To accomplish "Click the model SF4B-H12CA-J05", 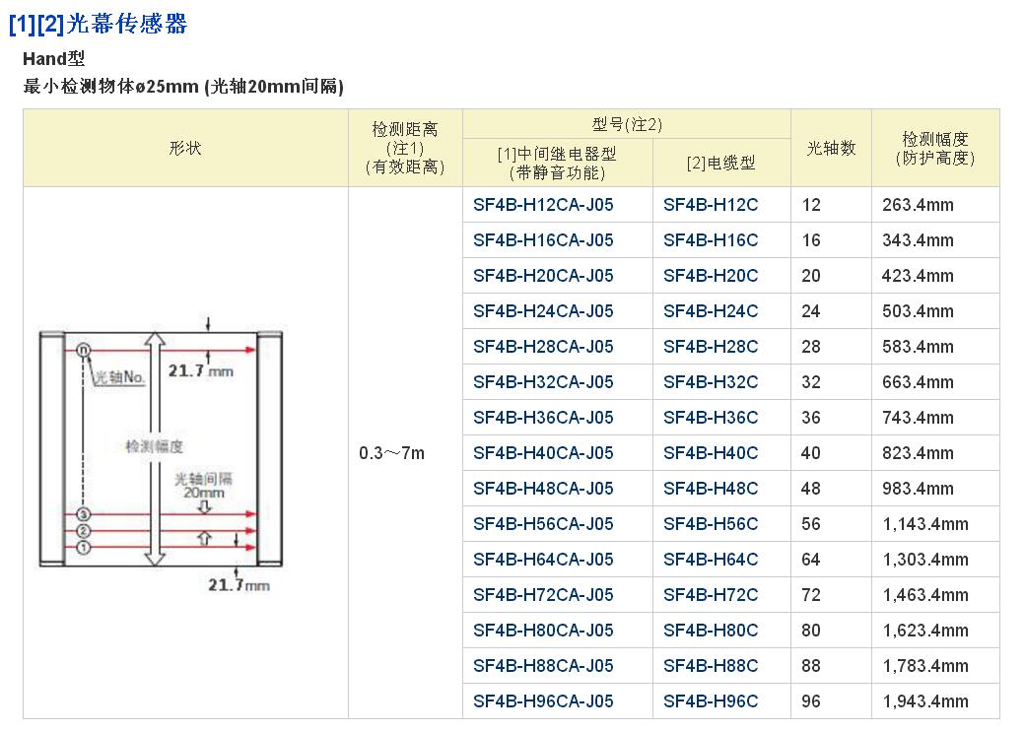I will [543, 205].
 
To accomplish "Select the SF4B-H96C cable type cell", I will [711, 701].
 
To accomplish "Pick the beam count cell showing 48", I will [811, 489].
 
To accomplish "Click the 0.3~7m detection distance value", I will [392, 453].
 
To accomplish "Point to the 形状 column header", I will [185, 148].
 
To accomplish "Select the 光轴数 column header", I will [831, 148].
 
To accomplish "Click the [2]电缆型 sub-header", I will [720, 164].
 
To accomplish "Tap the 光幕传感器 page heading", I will [127, 24].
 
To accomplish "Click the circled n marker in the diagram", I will [84, 350].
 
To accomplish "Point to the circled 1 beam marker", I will [84, 547].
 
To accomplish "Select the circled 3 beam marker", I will [84, 514].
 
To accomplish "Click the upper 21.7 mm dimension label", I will [202, 371].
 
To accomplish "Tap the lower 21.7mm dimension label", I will [239, 585].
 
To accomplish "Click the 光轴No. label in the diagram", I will [120, 377].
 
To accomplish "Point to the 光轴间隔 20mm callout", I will [203, 485].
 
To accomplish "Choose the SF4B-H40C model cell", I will [711, 453].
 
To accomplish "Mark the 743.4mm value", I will [918, 418].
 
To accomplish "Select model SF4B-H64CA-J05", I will [543, 560].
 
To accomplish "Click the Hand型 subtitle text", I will [54, 58].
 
